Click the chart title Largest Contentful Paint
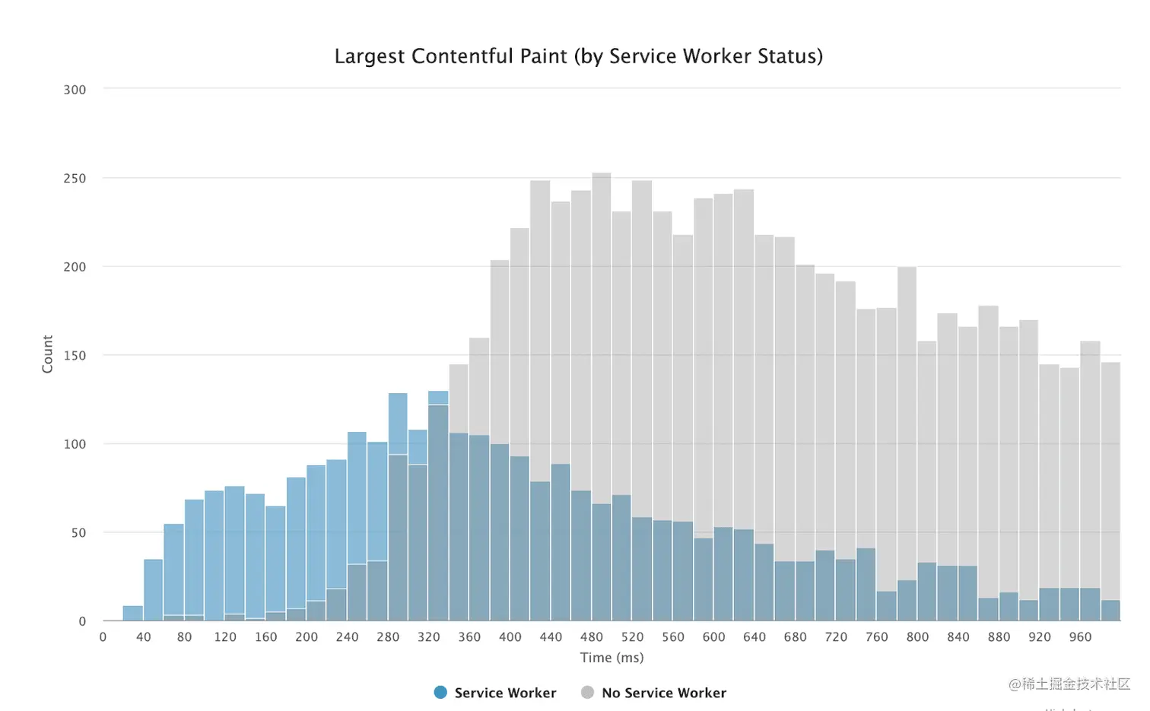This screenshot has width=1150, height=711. [578, 56]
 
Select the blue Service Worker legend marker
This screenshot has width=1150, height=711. [440, 693]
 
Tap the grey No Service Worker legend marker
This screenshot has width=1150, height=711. [587, 693]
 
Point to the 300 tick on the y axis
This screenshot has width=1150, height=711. [75, 90]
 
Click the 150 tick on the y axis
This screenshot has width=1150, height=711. [75, 356]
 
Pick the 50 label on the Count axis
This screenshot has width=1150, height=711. [78, 533]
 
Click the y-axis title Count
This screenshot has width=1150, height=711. [47, 354]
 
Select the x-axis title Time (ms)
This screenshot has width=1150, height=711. [612, 658]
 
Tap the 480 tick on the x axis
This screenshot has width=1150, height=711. [592, 637]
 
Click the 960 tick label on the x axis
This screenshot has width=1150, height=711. [1080, 637]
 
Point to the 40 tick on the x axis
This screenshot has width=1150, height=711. [144, 637]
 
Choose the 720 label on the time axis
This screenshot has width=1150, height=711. [836, 637]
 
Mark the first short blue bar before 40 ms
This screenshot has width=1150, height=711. [133, 614]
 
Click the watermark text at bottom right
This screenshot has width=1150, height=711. [1069, 684]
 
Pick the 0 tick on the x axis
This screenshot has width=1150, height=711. [103, 637]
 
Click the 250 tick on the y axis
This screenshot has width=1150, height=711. [75, 179]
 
